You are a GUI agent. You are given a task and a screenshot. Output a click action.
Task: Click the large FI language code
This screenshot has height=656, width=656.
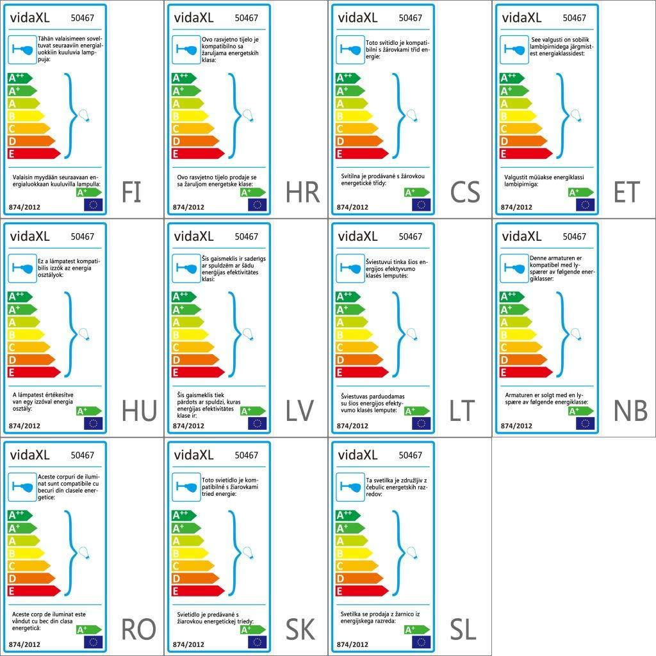tap(131, 192)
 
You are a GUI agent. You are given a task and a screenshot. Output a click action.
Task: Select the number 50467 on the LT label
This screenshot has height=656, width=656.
tap(410, 236)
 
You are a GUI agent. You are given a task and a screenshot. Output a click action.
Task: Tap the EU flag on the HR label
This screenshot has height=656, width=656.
tap(257, 205)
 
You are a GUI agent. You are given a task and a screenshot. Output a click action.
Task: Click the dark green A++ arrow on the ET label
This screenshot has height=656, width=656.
tap(511, 78)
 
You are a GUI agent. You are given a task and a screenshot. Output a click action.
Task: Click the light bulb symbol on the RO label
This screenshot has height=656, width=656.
tap(83, 553)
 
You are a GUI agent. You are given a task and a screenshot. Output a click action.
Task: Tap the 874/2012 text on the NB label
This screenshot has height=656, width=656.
tap(516, 425)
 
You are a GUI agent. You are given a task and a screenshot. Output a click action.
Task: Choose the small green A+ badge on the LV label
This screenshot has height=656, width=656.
tap(252, 411)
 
